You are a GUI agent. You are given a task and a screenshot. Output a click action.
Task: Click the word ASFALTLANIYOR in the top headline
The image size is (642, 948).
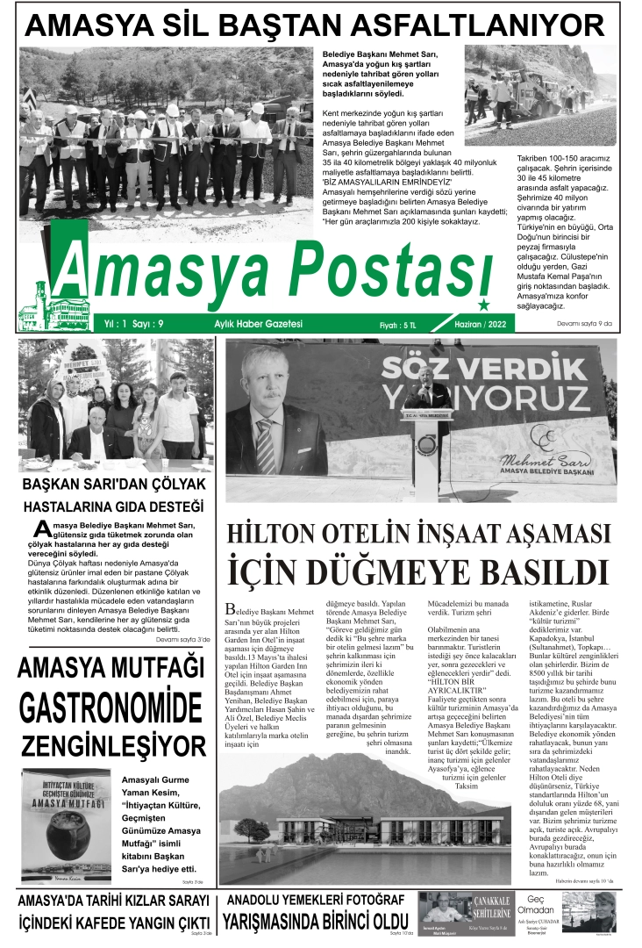click(494, 25)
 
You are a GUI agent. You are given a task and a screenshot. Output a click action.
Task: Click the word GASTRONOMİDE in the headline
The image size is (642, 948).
click(111, 707)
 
